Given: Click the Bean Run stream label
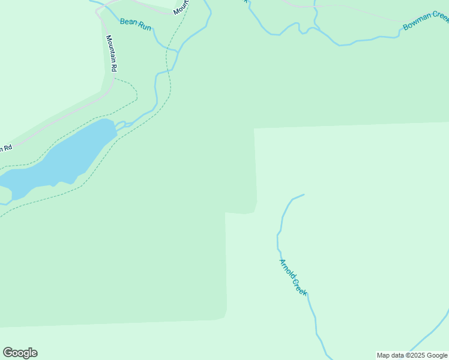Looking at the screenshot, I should (x=135, y=23).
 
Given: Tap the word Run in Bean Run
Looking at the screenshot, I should (x=143, y=25).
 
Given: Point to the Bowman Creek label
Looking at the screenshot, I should (x=426, y=20).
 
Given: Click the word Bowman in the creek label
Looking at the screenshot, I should (x=417, y=23).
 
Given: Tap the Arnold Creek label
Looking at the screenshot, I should (x=294, y=277).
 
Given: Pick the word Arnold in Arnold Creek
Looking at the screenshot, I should (x=287, y=268).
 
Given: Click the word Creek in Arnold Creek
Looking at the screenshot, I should (x=300, y=286).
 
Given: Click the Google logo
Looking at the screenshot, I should (x=20, y=353).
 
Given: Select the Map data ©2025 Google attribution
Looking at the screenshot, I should (x=412, y=355).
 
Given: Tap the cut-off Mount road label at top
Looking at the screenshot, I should (x=182, y=7).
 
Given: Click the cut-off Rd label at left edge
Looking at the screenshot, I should (x=5, y=148).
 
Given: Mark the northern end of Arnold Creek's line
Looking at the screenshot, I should (x=304, y=194).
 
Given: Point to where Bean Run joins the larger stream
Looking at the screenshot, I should (x=176, y=52).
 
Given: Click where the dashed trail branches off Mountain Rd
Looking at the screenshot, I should (x=114, y=77).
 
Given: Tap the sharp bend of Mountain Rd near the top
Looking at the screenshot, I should (x=99, y=11).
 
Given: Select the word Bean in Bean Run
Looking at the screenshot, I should (x=128, y=22).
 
